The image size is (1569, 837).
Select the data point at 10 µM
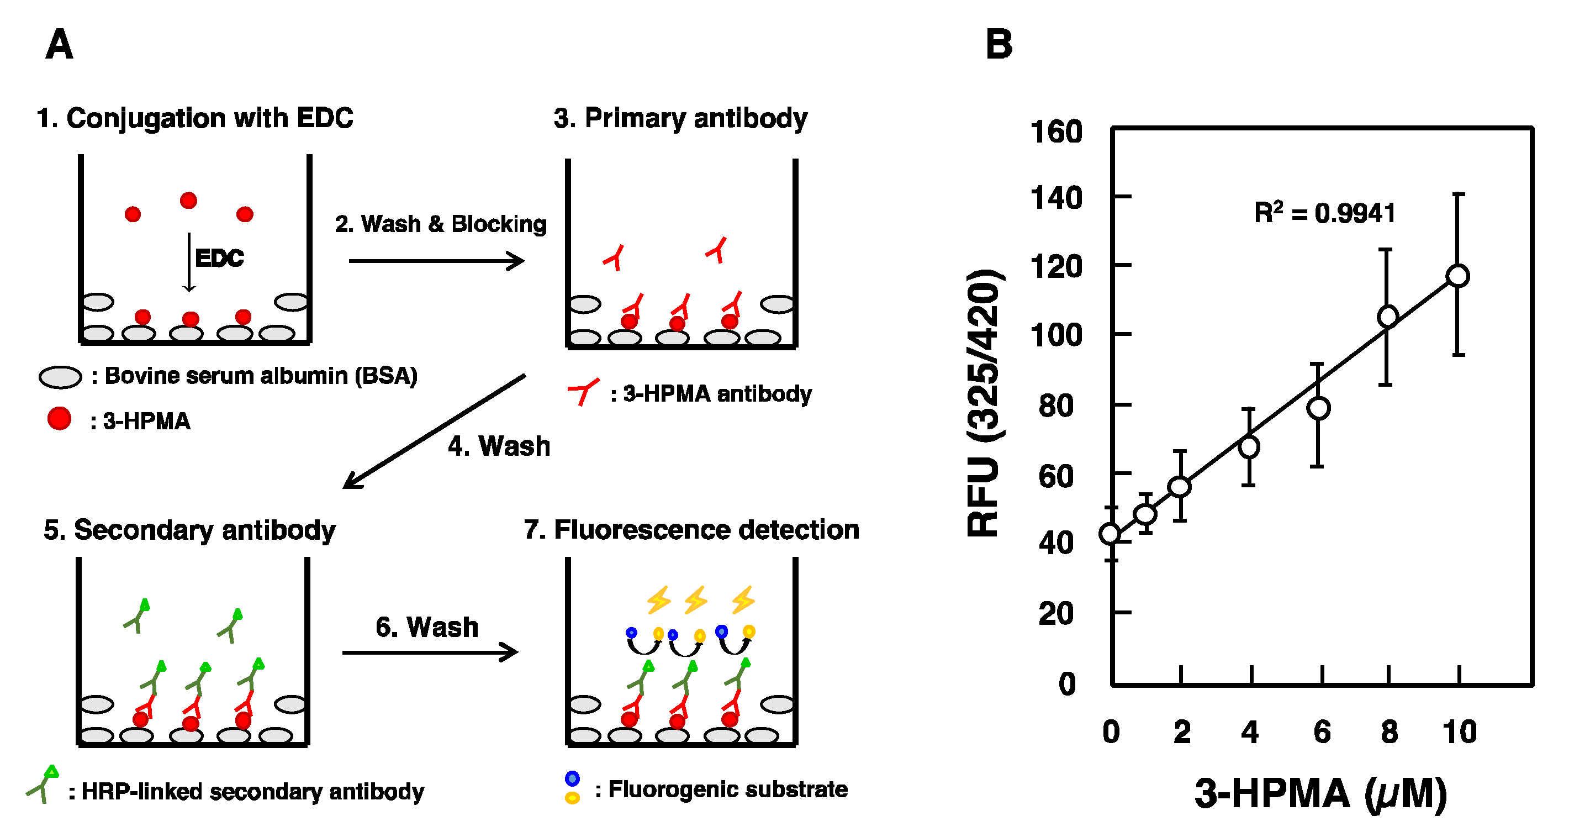(1457, 276)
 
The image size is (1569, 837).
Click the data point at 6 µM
(1318, 408)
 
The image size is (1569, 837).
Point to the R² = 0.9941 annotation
(1325, 213)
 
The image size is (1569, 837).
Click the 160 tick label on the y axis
(1056, 131)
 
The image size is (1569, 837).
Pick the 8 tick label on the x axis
(1389, 731)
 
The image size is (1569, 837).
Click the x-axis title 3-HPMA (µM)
(1320, 794)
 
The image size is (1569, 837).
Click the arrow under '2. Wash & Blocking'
(436, 261)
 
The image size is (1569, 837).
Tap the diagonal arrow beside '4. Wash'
(434, 431)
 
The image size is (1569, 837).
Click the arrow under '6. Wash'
(430, 652)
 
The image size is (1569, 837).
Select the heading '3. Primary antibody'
(680, 118)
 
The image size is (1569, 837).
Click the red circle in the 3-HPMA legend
(59, 419)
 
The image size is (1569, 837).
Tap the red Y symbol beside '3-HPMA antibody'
(583, 391)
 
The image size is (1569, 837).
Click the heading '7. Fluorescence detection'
(691, 529)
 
